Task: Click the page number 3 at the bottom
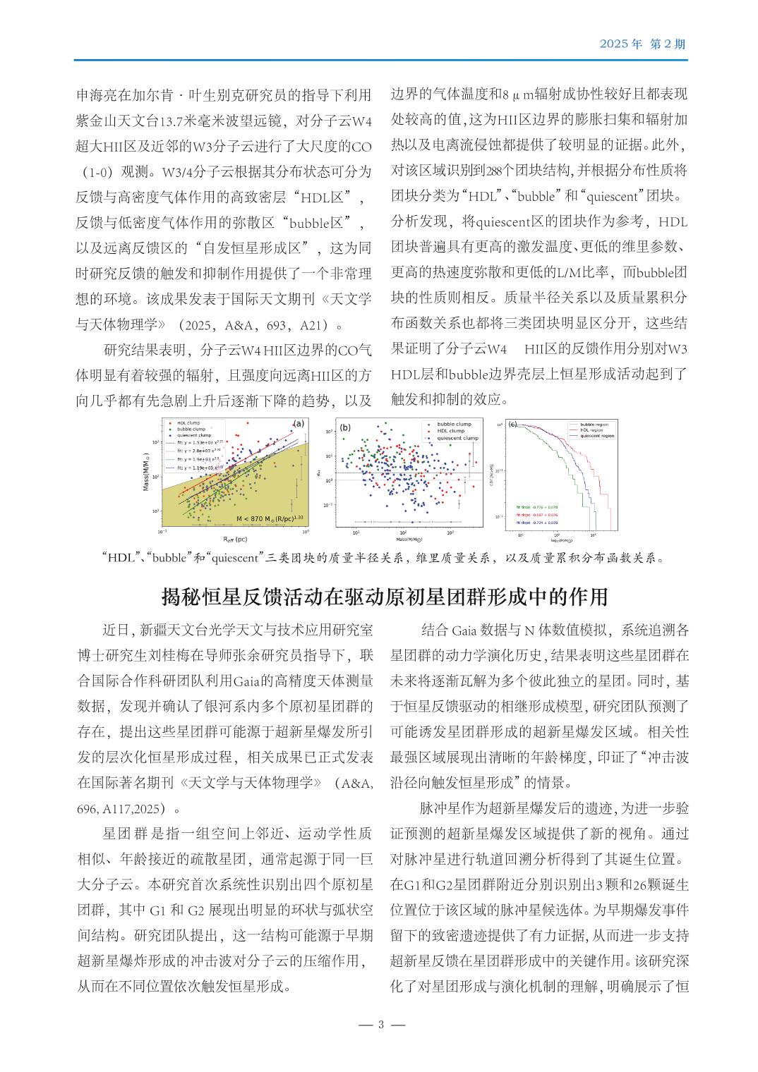click(379, 1025)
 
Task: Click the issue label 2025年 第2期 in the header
click(642, 44)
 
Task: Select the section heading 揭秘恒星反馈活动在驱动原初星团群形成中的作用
click(385, 597)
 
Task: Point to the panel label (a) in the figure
click(298, 424)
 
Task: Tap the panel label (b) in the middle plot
click(345, 427)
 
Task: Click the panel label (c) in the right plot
click(513, 424)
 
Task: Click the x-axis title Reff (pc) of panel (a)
click(235, 540)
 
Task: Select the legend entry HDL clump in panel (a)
click(188, 422)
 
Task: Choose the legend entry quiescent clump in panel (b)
click(457, 438)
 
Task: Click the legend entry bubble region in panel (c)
click(594, 425)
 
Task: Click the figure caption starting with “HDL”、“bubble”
click(384, 558)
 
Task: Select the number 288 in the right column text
click(496, 170)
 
